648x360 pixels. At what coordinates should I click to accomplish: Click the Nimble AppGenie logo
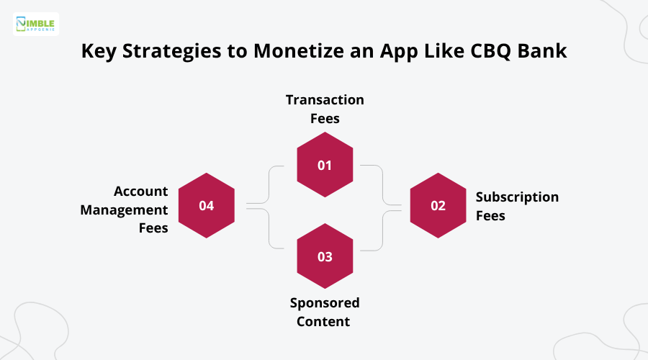36,24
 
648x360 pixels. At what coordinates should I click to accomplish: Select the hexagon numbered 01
325,165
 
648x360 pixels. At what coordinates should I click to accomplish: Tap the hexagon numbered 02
438,205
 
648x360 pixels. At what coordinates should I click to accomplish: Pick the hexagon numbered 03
325,256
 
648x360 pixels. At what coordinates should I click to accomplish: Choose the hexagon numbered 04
207,205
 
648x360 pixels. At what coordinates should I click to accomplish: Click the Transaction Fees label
325,108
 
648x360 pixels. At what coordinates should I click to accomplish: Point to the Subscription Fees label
517,206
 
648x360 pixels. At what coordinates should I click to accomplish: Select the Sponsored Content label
325,312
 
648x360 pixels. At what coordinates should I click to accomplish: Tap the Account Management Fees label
130,210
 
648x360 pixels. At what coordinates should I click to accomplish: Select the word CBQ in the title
495,53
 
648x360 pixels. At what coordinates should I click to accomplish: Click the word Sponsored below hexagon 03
325,302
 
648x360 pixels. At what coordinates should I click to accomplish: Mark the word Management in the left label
124,210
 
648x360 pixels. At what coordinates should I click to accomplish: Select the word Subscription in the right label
517,197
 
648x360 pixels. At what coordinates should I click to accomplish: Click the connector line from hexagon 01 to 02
382,184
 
